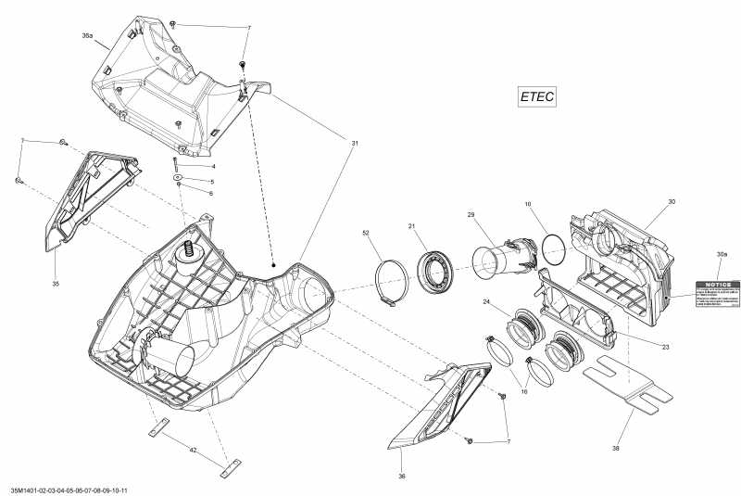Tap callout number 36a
tap(87, 35)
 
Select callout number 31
tap(354, 143)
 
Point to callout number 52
tap(366, 232)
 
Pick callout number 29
tap(471, 215)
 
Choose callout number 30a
tap(721, 253)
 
